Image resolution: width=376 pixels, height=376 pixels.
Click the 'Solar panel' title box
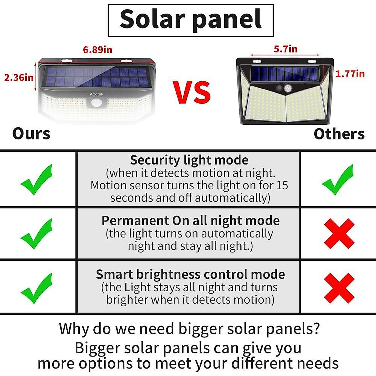[x=191, y=20]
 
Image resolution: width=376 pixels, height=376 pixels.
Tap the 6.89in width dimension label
[x=97, y=50]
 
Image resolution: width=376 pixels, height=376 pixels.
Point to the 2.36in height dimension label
[x=18, y=77]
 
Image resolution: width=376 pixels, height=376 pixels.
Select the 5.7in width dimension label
[x=285, y=49]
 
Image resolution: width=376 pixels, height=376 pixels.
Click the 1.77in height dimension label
[x=350, y=74]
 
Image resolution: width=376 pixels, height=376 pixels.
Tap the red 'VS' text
[x=192, y=92]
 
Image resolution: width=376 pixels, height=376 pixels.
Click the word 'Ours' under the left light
[x=31, y=134]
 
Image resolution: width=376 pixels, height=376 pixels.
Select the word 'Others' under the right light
[x=339, y=134]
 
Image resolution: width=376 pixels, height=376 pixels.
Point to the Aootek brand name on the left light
[x=97, y=94]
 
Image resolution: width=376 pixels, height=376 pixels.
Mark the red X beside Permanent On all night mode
[x=339, y=234]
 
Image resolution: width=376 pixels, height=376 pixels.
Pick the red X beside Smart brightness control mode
[x=339, y=288]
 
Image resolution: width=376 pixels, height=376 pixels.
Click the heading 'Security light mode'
[x=189, y=160]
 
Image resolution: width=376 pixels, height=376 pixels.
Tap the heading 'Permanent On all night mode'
[x=191, y=221]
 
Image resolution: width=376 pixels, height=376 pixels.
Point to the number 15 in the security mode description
[x=282, y=185]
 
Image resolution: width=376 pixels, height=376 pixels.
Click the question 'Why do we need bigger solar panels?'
[x=189, y=329]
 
